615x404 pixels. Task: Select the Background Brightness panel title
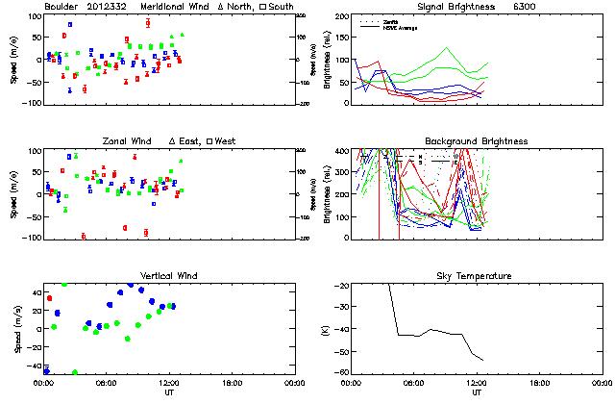coord(477,141)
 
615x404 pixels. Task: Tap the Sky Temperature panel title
coord(477,276)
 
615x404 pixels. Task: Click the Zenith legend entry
coord(390,20)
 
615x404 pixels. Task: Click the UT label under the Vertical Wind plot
coord(169,392)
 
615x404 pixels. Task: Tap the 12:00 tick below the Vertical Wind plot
coord(168,382)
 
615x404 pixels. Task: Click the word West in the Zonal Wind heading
coord(225,141)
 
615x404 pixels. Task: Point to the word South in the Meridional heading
coord(282,7)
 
